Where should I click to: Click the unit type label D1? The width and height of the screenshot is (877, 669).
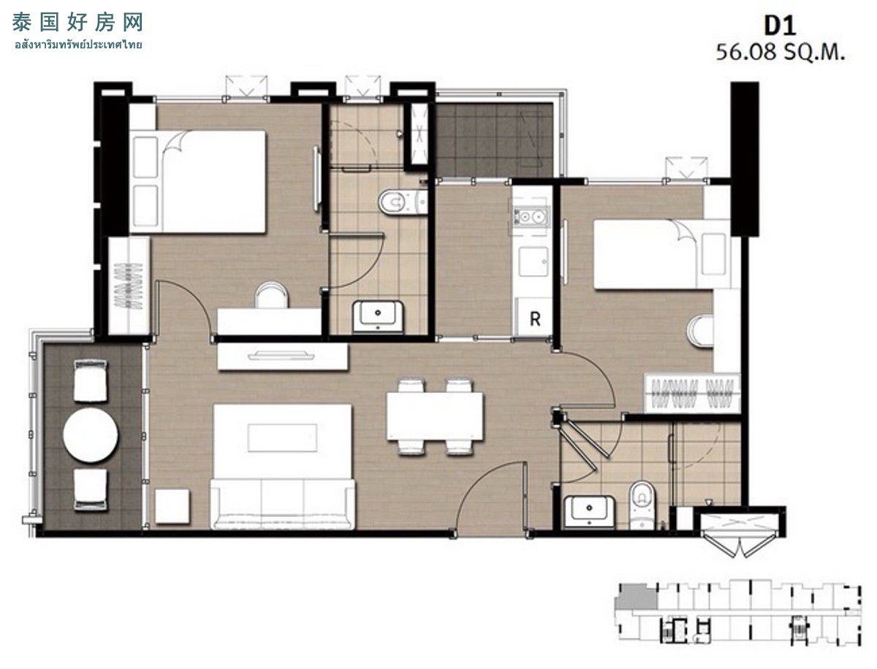(780, 26)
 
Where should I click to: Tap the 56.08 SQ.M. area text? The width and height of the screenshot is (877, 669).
(780, 53)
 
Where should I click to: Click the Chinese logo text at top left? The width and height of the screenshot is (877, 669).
(77, 22)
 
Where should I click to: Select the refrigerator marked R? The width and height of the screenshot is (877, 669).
(534, 317)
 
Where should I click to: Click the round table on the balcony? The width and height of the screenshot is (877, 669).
(91, 435)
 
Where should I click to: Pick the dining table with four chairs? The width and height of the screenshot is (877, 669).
(435, 416)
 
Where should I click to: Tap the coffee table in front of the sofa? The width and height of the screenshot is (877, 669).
(282, 437)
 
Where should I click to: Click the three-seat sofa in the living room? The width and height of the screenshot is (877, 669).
(283, 504)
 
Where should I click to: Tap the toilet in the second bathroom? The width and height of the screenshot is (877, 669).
(642, 505)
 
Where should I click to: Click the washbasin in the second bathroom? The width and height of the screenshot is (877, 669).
(589, 511)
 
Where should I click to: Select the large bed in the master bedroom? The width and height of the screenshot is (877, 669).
(198, 182)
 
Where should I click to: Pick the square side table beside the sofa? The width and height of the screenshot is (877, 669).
(172, 506)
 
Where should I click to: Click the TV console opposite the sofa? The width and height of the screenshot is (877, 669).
(283, 356)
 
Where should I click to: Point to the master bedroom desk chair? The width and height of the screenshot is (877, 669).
(272, 294)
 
